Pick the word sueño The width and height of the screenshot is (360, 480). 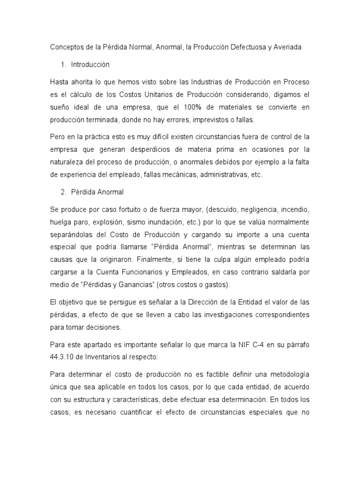pyautogui.click(x=60, y=107)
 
